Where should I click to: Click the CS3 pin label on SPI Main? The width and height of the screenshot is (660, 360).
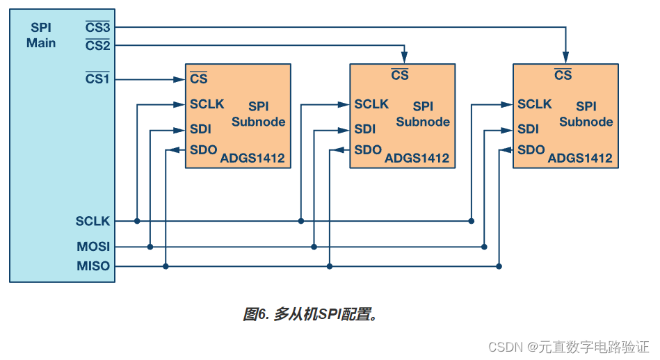coord(97,28)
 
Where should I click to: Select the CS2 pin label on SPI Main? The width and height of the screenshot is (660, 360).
coord(97,45)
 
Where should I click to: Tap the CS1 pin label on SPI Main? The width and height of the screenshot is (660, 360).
coord(97,79)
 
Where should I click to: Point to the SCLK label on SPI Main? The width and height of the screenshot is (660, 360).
coord(93,222)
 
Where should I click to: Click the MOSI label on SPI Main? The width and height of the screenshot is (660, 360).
coord(93,247)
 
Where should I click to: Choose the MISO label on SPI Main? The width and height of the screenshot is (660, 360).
coord(93,266)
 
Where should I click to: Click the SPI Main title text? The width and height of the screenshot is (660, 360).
coord(41,35)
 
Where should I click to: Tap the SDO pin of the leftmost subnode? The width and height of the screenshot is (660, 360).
coord(203,149)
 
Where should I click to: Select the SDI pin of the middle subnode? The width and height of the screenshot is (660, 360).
coord(364,129)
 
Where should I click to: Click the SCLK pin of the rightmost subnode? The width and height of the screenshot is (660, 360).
coord(534,104)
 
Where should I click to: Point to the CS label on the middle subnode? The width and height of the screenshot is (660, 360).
coord(400,75)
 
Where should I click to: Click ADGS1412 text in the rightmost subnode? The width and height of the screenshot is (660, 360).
coord(580,158)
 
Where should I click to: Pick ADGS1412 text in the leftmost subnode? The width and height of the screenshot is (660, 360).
coord(252,158)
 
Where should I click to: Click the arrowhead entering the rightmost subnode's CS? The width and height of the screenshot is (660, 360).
coord(565,58)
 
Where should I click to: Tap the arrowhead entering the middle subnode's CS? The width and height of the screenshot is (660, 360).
coord(403,58)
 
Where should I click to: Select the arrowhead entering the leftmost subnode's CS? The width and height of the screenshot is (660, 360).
coord(179,79)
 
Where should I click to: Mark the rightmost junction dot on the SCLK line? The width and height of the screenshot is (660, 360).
coord(471,221)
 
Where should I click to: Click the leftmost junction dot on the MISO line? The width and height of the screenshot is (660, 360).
coord(165,266)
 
